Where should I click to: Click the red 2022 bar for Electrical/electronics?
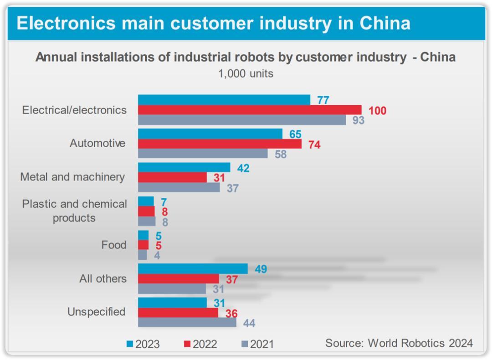(250, 110)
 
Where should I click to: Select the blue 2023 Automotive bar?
(210, 134)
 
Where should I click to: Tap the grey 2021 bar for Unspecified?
(187, 322)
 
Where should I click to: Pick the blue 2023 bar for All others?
(193, 269)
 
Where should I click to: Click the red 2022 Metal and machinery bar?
(172, 177)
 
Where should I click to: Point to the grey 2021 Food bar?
(143, 255)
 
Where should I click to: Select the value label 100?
(377, 111)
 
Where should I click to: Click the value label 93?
(358, 121)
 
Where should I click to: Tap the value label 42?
(243, 168)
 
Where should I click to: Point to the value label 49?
(261, 269)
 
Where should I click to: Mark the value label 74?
(314, 145)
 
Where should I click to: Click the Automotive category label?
(97, 143)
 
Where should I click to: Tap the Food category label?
(114, 245)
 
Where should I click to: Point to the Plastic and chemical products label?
(74, 211)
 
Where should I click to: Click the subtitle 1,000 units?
(246, 74)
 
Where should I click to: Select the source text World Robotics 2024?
(399, 343)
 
